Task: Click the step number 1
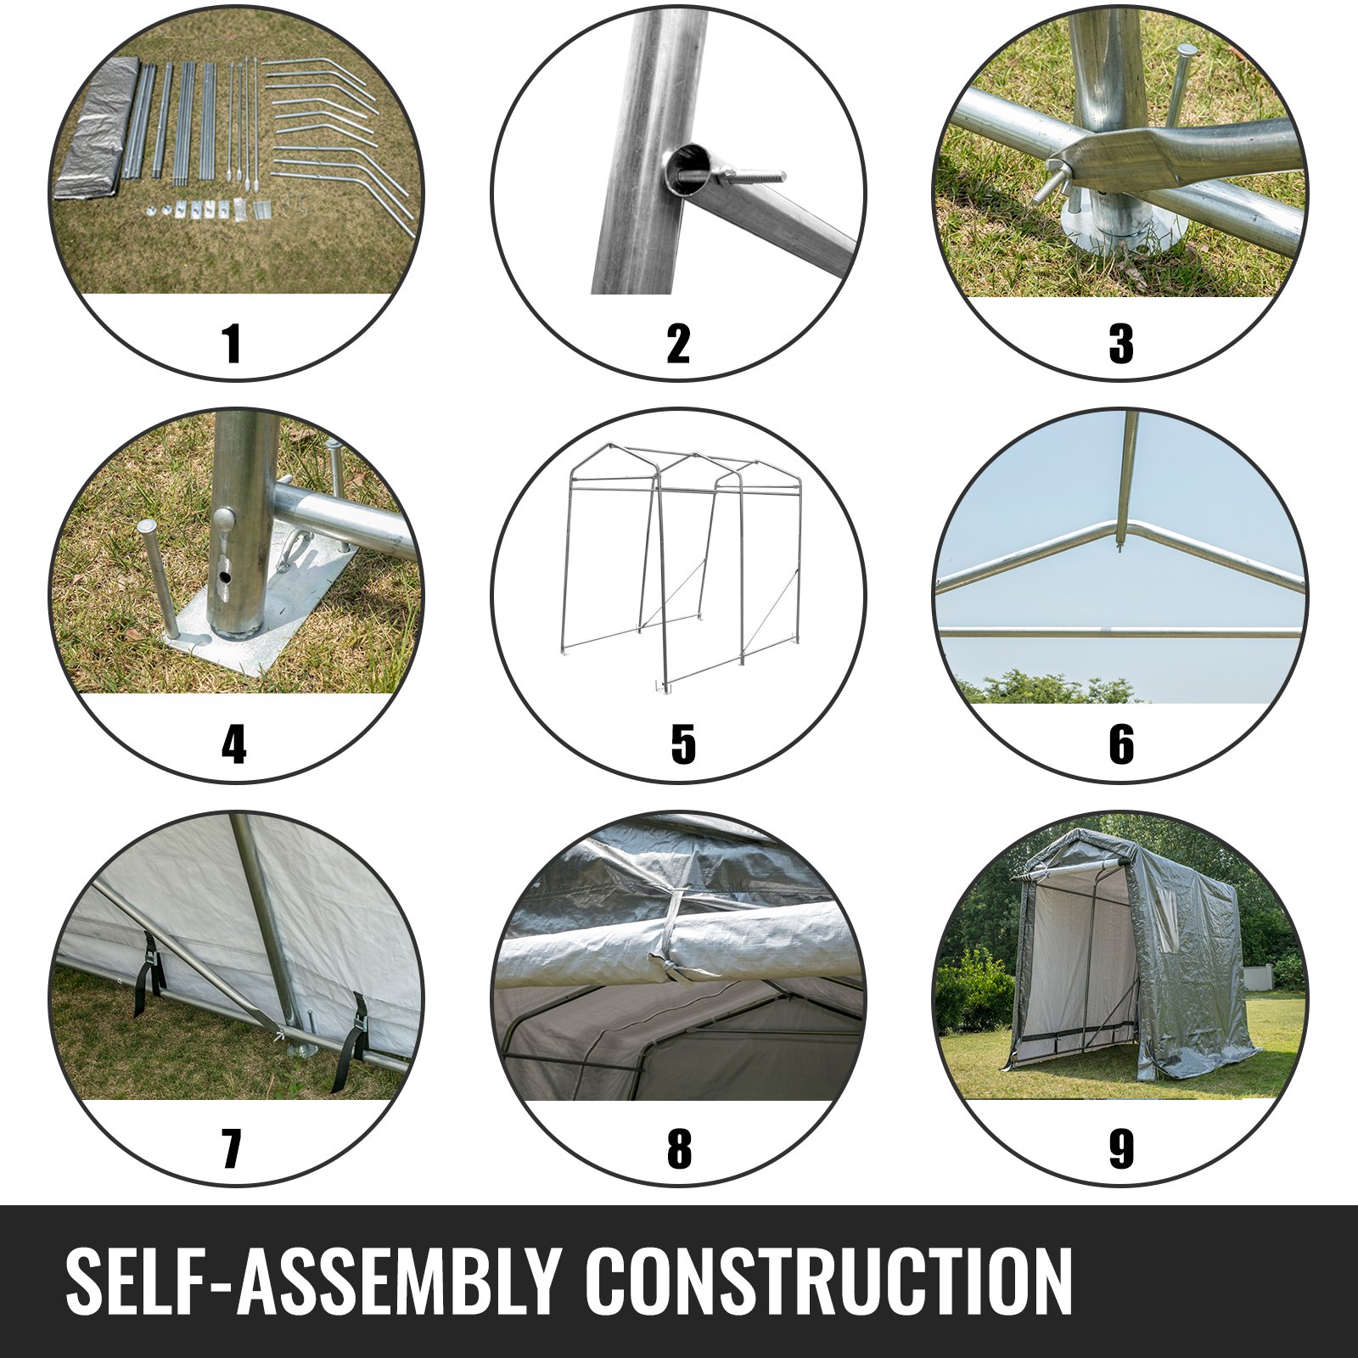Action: (x=232, y=344)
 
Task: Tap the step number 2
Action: (x=678, y=344)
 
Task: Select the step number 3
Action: (x=1121, y=344)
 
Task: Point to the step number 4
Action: (x=234, y=745)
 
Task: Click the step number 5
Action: (x=683, y=745)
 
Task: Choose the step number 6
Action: (x=1121, y=745)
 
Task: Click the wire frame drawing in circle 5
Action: (x=684, y=564)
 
